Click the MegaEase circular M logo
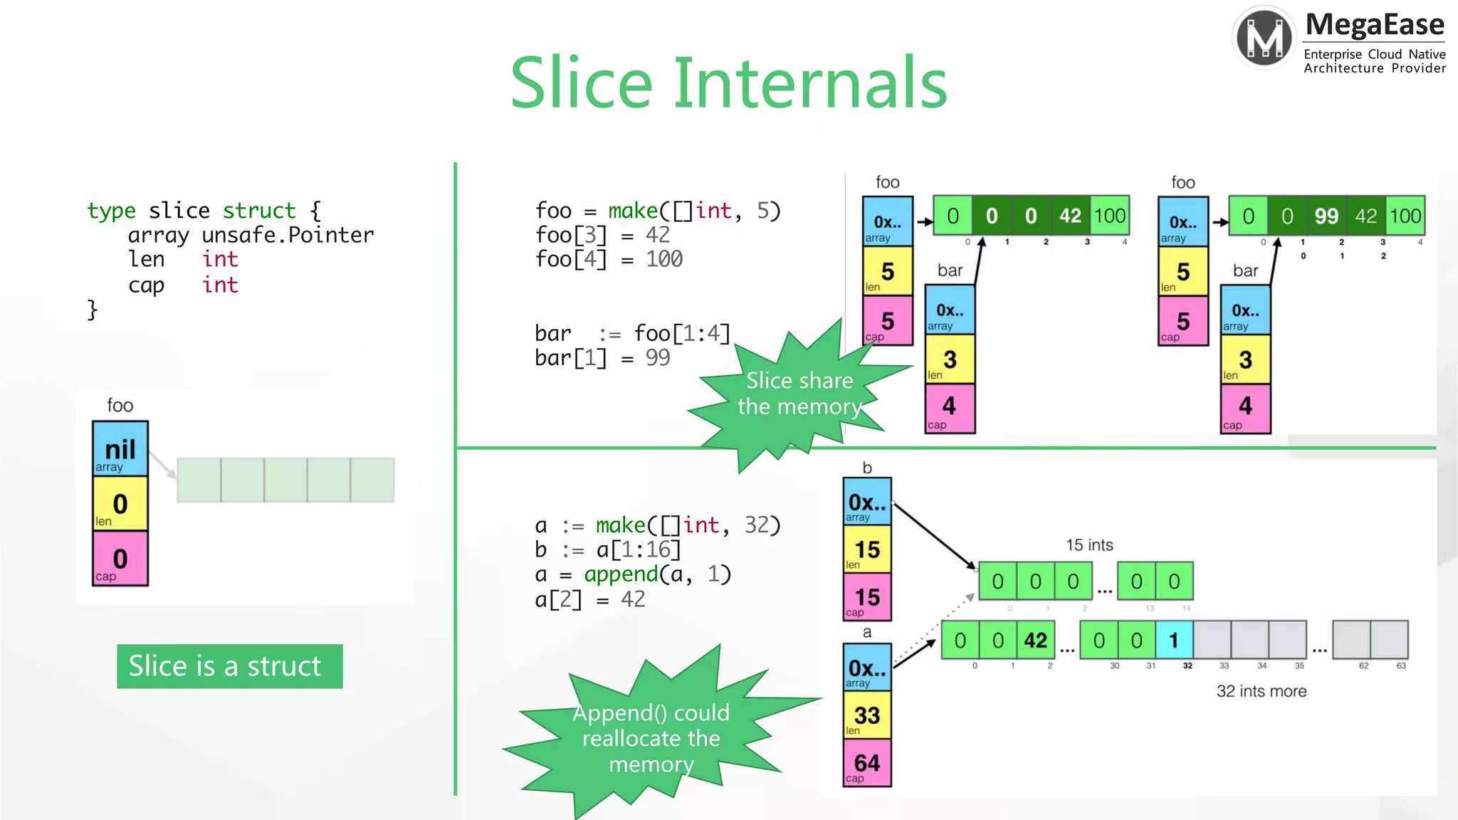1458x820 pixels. (x=1264, y=37)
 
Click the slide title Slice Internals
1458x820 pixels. (x=728, y=83)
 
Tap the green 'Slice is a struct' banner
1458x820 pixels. (x=229, y=666)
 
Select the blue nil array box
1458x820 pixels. (x=120, y=449)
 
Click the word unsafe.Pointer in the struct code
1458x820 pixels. (x=288, y=235)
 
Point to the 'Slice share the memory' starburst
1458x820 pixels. (x=799, y=394)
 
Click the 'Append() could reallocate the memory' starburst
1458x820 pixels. (x=651, y=737)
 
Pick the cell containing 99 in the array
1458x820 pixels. (x=1326, y=216)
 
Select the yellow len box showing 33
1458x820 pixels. (x=867, y=715)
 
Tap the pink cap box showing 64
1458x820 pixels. (x=867, y=762)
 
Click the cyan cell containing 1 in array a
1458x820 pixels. (x=1174, y=640)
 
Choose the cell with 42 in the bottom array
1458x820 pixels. (x=1035, y=640)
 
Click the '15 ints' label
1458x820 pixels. (x=1089, y=545)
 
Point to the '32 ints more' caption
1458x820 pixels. (x=1261, y=691)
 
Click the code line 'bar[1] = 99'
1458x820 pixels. (x=602, y=358)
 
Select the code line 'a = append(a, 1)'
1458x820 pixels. (x=633, y=574)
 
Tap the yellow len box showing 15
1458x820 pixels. (x=867, y=549)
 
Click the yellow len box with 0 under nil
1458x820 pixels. (x=120, y=504)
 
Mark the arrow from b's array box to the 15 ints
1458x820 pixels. (x=934, y=535)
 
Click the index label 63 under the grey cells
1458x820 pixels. (x=1401, y=666)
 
